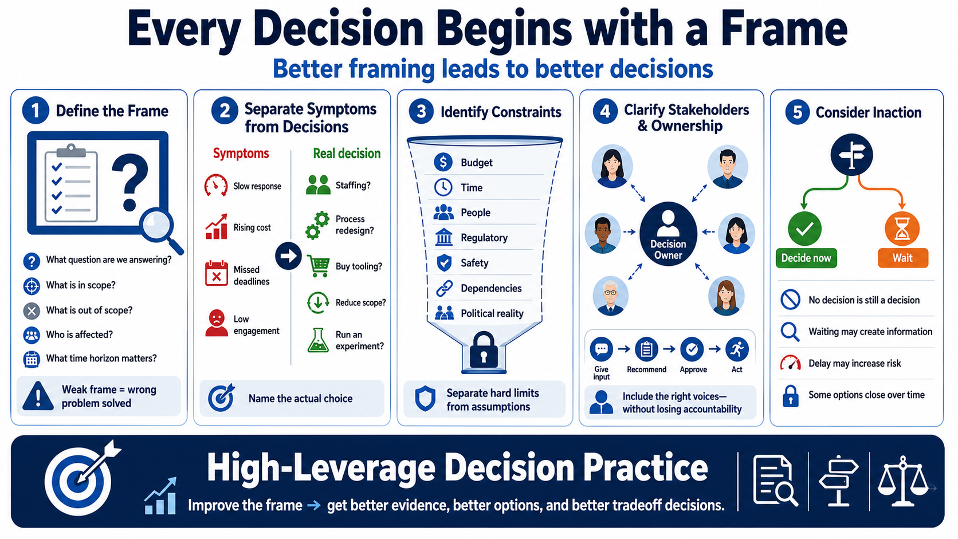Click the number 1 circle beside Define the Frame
click(36, 111)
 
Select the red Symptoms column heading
click(241, 154)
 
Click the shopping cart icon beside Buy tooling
click(318, 266)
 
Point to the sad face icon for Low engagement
click(217, 323)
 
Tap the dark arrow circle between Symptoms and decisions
click(288, 256)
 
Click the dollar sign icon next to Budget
click(443, 162)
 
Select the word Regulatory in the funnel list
click(484, 238)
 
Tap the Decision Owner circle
click(668, 234)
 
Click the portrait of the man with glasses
click(610, 296)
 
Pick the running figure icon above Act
click(737, 349)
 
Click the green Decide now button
click(806, 258)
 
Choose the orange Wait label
click(903, 258)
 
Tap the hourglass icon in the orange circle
click(902, 229)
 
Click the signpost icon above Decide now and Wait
click(851, 155)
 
